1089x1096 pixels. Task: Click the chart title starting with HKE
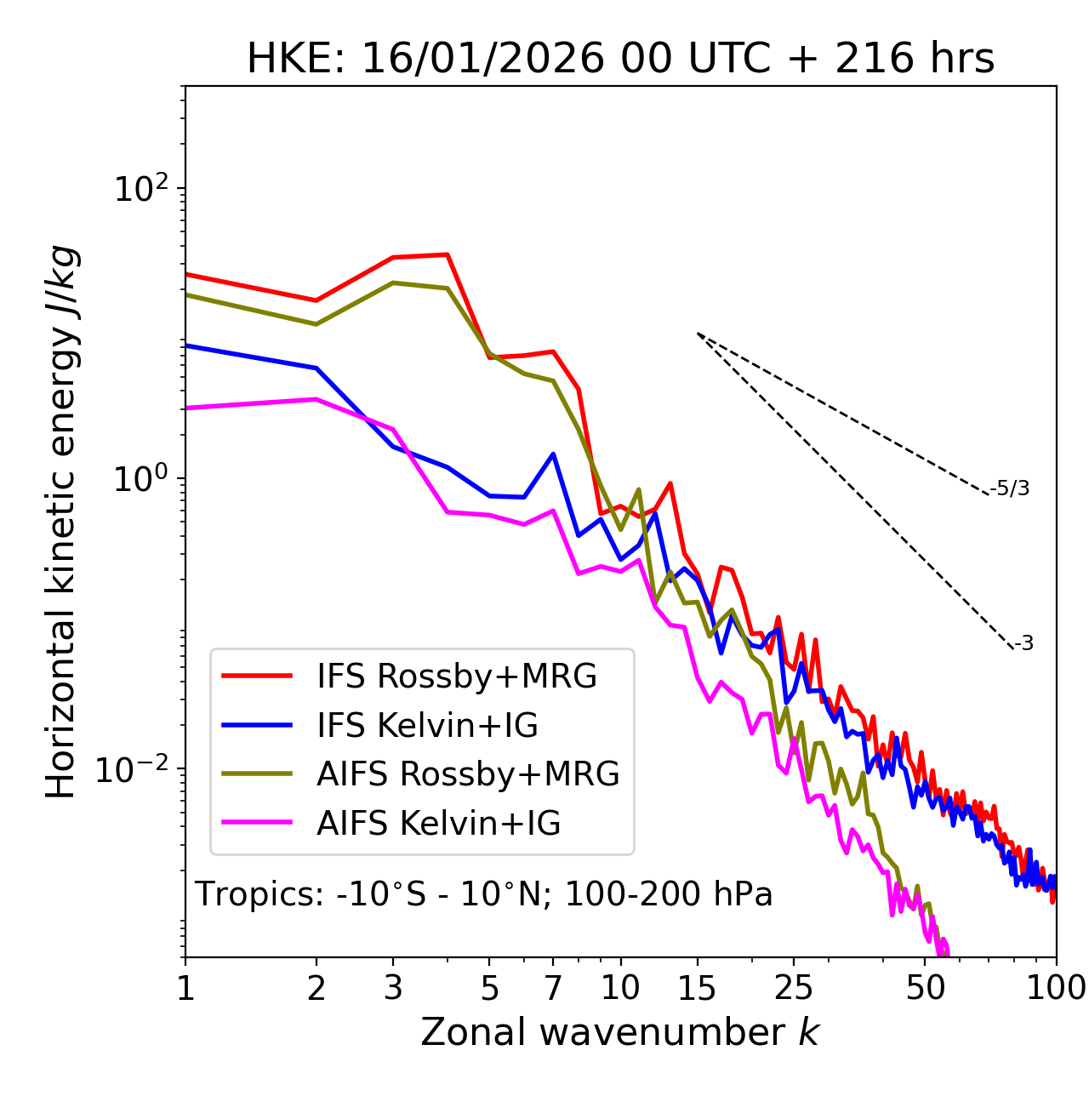point(620,59)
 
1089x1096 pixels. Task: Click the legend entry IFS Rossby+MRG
point(456,676)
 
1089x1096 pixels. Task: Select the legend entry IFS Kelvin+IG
point(427,726)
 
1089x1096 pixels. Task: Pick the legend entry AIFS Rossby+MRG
point(468,774)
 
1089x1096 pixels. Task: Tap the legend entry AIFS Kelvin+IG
point(438,824)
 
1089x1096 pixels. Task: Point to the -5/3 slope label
point(1010,488)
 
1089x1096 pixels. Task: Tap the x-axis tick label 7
point(553,988)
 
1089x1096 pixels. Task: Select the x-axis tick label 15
point(697,988)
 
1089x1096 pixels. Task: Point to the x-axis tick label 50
point(925,988)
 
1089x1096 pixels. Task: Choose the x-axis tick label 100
point(1056,988)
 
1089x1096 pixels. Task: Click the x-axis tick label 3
point(393,988)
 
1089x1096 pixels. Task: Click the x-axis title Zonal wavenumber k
point(620,1032)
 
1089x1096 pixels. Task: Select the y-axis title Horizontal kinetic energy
point(61,522)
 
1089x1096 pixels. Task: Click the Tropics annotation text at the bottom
point(484,894)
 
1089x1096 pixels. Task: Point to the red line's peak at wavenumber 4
point(448,254)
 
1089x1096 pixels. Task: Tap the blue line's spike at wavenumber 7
point(553,454)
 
